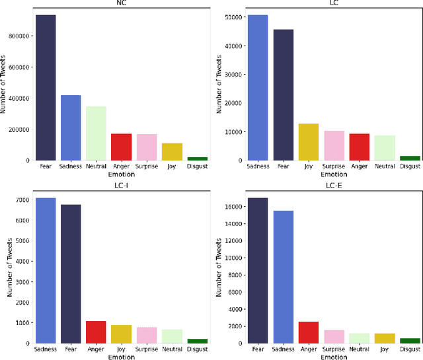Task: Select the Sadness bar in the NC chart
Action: pyautogui.click(x=71, y=127)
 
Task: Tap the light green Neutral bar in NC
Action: pyautogui.click(x=96, y=133)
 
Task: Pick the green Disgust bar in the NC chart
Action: pyautogui.click(x=197, y=159)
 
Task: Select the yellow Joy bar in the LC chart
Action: pyautogui.click(x=309, y=141)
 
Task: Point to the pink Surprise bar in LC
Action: pyautogui.click(x=334, y=145)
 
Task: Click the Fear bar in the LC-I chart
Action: pyautogui.click(x=71, y=273)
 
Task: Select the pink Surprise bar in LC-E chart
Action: pyautogui.click(x=334, y=336)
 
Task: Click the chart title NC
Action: pyautogui.click(x=121, y=3)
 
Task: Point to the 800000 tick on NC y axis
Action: pyautogui.click(x=17, y=36)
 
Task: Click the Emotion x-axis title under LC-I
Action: pyautogui.click(x=121, y=357)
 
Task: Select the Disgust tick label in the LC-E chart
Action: pyautogui.click(x=410, y=349)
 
